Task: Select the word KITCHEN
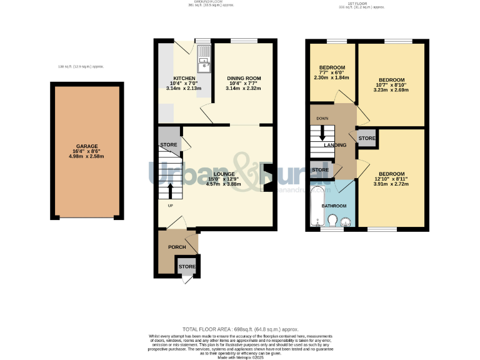pos(184,78)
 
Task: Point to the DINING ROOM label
pos(243,78)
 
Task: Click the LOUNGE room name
pos(223,174)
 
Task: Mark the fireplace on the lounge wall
pos(268,177)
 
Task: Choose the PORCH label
pos(177,247)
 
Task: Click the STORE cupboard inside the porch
pos(187,267)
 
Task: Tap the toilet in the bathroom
pos(332,221)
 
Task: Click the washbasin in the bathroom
pos(345,221)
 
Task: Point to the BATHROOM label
pos(334,205)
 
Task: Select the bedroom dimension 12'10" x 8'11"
pos(392,179)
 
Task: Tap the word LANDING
pos(335,146)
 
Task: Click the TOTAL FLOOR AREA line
pos(240,329)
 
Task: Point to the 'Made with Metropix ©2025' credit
pos(240,357)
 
